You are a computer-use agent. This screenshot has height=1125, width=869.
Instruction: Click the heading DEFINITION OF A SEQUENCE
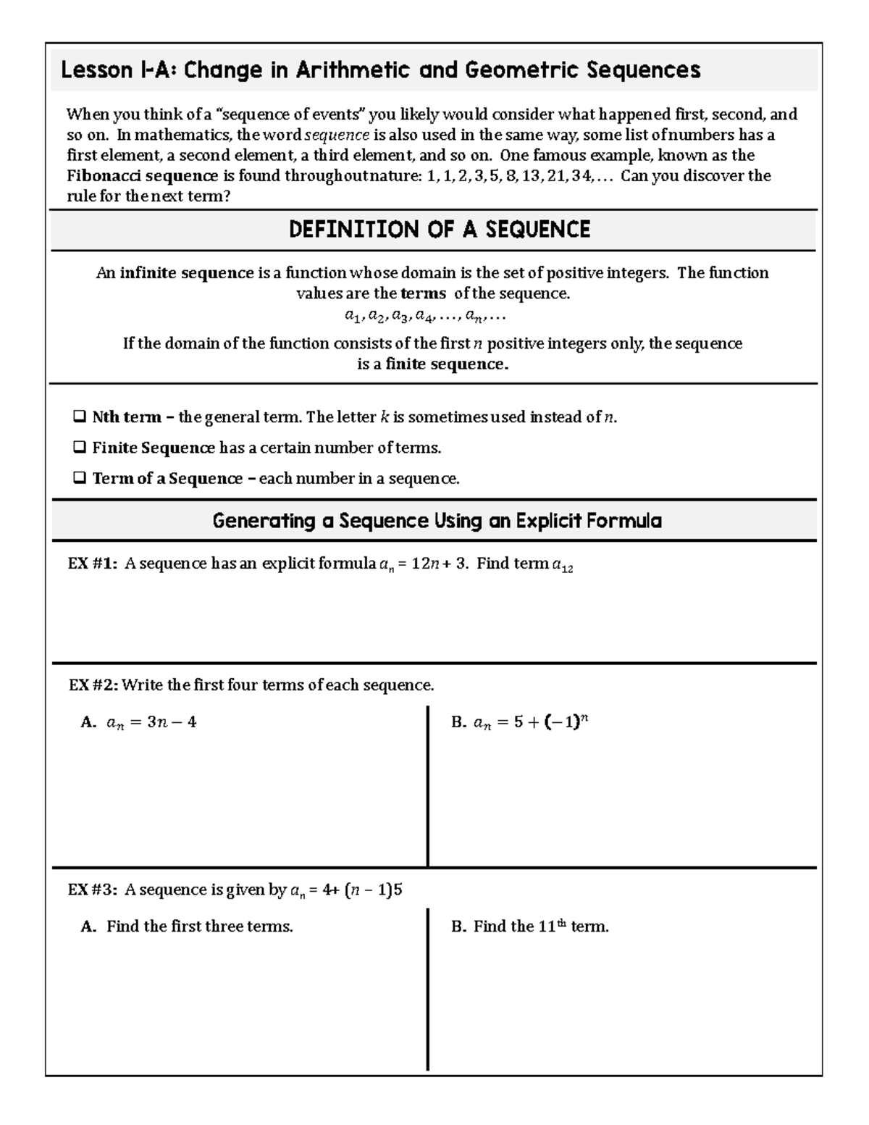coord(439,230)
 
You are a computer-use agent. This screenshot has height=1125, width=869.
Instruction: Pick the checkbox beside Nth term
coord(80,417)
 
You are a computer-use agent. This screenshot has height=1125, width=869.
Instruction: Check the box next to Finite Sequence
coord(80,448)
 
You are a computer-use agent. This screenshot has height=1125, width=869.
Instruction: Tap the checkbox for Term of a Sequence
coord(80,478)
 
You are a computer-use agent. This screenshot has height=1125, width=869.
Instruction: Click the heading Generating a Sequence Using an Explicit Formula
coord(437,521)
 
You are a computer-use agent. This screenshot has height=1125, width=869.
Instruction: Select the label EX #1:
coord(92,564)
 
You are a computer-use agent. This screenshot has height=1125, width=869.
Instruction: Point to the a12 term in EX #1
coord(562,566)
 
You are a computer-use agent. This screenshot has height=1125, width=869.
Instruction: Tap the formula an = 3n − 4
coord(151,722)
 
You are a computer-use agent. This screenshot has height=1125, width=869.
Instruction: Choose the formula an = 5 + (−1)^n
coord(530,722)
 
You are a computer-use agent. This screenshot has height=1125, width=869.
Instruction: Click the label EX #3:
coord(92,890)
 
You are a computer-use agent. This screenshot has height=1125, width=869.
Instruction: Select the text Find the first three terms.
coord(199,927)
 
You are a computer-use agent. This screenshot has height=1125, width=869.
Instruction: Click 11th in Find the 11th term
coord(552,927)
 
